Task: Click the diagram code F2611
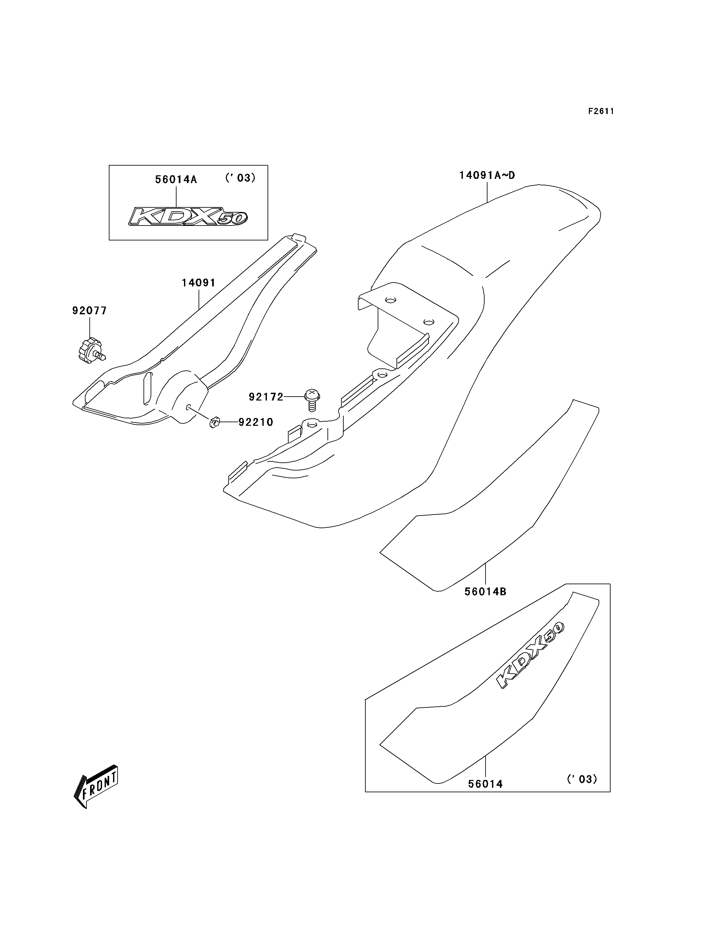click(x=601, y=111)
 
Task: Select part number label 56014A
click(x=176, y=179)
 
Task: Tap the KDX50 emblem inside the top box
click(x=188, y=216)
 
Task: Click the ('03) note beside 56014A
click(x=240, y=178)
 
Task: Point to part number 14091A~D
click(x=487, y=175)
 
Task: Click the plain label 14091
click(x=199, y=283)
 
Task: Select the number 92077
click(x=90, y=311)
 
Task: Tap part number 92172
click(x=266, y=397)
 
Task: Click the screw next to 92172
click(x=312, y=399)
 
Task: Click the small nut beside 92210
click(x=214, y=422)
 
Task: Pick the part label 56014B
click(x=486, y=592)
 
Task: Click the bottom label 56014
click(x=486, y=784)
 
